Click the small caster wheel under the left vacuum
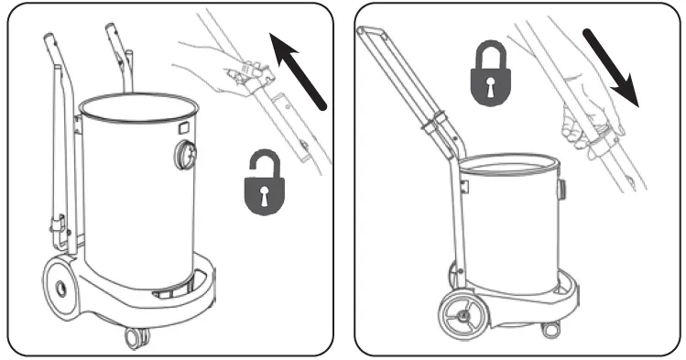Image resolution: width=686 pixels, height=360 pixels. pyautogui.click(x=135, y=337)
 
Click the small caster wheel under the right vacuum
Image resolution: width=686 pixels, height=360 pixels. pyautogui.click(x=550, y=327)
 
